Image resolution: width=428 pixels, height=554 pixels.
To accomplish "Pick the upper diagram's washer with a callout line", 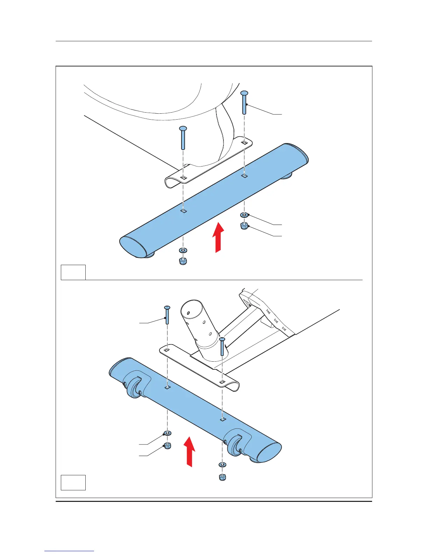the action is click(x=244, y=215).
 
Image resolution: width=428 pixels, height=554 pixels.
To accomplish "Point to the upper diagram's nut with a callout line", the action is click(x=244, y=226).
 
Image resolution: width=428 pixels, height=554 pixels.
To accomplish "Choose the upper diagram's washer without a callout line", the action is click(x=183, y=250).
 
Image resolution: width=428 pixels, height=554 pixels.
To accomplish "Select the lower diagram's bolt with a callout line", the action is click(x=167, y=315).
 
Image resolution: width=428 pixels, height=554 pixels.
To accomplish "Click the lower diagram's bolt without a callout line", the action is click(x=222, y=346).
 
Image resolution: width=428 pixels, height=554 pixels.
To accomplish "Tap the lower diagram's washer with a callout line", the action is click(x=167, y=434).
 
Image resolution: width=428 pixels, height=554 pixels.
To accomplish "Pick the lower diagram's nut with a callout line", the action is click(x=167, y=445).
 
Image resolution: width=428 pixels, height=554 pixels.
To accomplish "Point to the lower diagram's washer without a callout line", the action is click(x=222, y=464).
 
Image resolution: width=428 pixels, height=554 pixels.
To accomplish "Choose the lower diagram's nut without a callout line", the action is click(x=222, y=477).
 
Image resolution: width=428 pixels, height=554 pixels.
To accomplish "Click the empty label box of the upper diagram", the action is click(x=73, y=272).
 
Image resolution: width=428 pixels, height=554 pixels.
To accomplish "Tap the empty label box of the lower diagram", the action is click(x=73, y=482).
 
